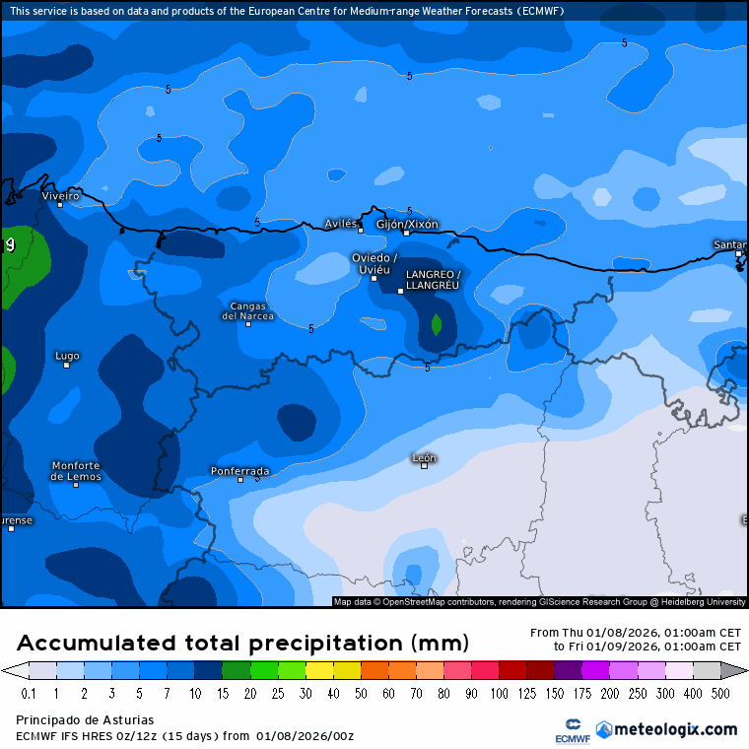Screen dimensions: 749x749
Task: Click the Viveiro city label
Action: click(60, 195)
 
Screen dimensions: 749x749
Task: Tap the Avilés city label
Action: click(341, 224)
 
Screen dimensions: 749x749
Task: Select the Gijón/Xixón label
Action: click(408, 224)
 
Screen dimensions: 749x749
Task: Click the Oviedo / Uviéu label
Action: click(374, 263)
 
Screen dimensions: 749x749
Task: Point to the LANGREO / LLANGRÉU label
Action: click(433, 279)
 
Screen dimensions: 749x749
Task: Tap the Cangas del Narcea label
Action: click(247, 310)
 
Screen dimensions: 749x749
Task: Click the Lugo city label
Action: click(67, 355)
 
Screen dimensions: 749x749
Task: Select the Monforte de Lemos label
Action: click(76, 470)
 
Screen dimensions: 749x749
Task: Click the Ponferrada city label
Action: click(239, 470)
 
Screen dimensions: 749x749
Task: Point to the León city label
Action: click(425, 457)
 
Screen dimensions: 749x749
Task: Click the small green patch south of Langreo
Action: click(436, 324)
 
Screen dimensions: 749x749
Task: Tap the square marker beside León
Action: click(425, 466)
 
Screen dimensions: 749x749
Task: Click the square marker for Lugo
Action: click(67, 365)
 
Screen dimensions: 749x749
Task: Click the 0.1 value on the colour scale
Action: click(28, 694)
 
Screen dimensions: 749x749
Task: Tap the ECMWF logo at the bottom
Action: click(568, 729)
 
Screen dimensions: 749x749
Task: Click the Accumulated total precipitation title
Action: click(242, 643)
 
